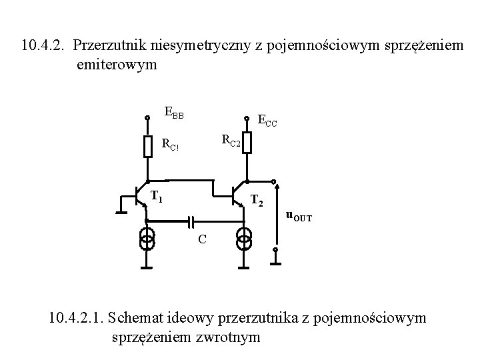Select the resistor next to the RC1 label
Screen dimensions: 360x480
pyautogui.click(x=147, y=145)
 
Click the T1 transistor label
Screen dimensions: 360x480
pyautogui.click(x=157, y=196)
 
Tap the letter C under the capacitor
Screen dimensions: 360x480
pyautogui.click(x=201, y=239)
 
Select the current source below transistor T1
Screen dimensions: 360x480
pyautogui.click(x=147, y=237)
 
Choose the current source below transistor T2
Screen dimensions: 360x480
pyautogui.click(x=245, y=237)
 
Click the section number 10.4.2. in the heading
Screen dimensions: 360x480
pyautogui.click(x=44, y=46)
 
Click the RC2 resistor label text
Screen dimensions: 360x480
pyautogui.click(x=230, y=139)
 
